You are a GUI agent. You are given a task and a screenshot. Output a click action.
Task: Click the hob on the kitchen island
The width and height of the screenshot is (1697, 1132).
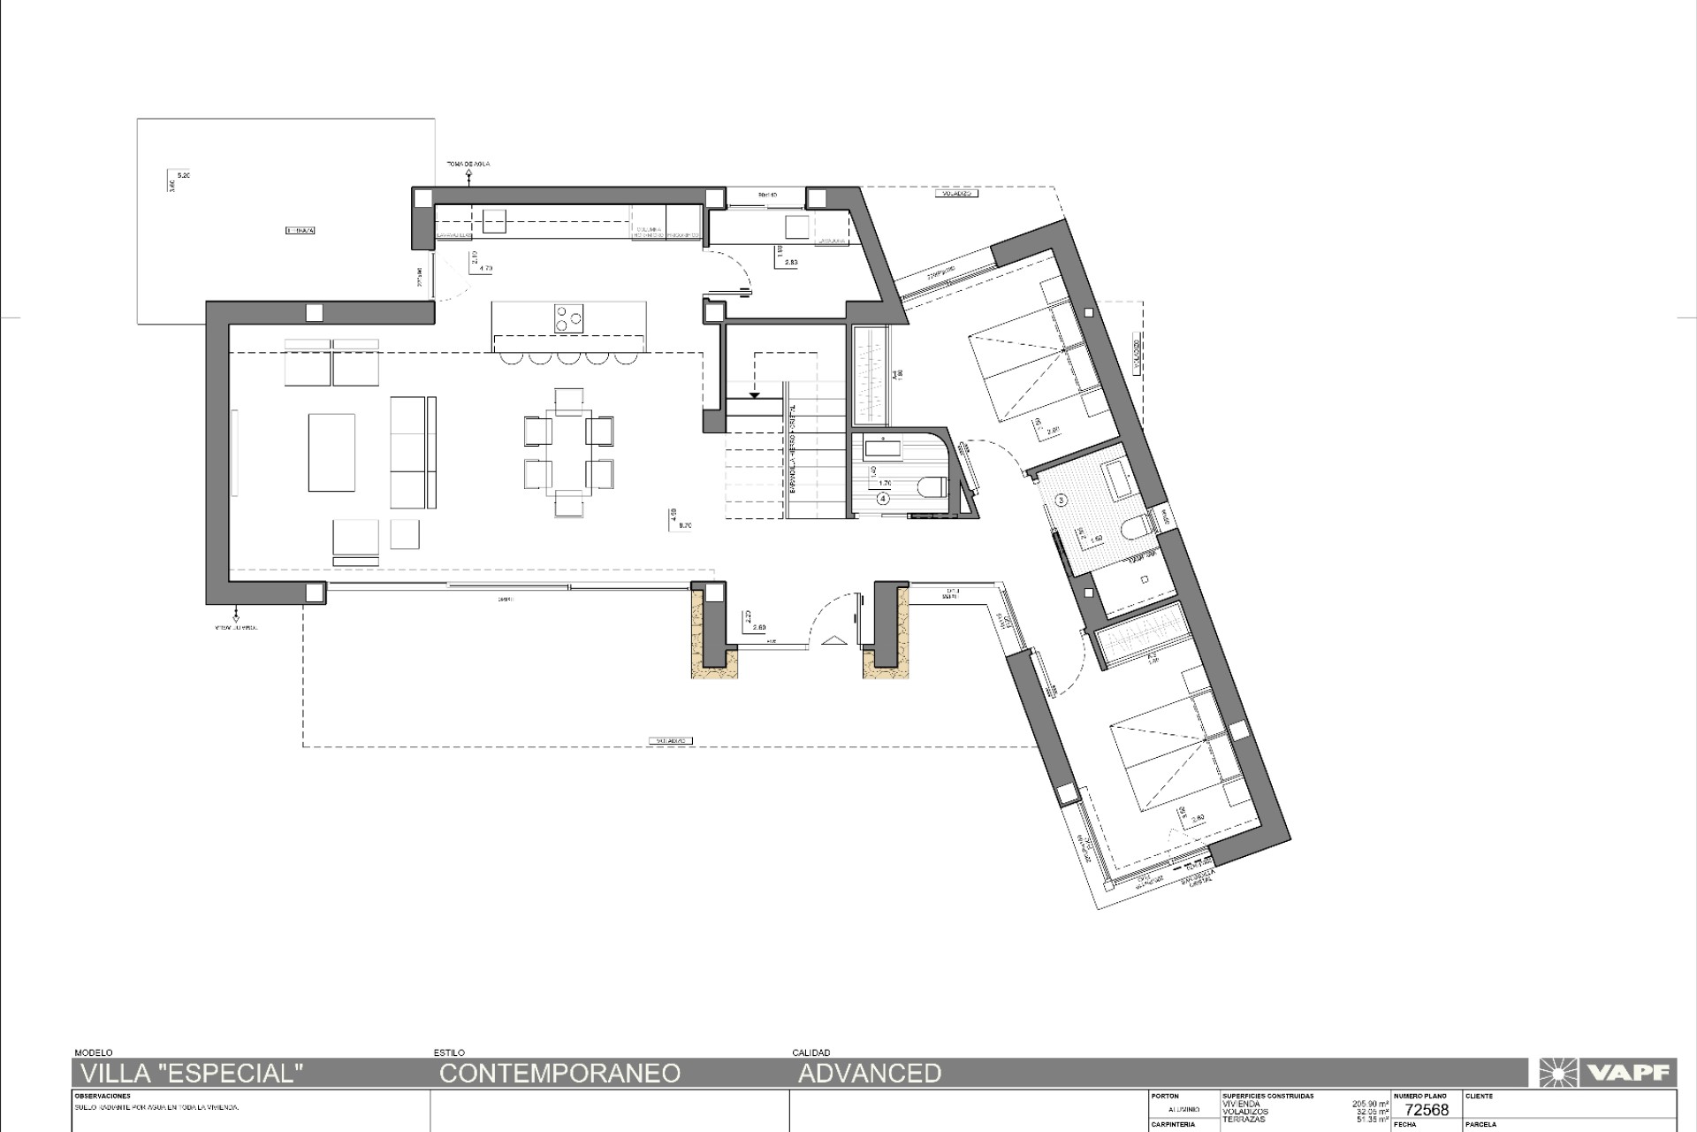pos(568,318)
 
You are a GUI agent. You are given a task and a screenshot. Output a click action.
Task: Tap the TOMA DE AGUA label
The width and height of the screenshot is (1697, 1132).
pos(468,164)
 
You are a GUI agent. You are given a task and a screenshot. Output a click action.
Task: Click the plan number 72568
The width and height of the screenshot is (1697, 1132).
pos(1427,1110)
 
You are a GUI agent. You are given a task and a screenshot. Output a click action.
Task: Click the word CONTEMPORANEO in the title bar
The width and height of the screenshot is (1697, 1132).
pos(559,1074)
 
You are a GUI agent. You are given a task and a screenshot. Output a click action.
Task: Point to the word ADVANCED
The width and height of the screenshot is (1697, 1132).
pos(870,1074)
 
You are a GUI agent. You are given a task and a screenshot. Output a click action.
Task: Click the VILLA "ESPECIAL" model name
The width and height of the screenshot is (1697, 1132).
pos(192,1074)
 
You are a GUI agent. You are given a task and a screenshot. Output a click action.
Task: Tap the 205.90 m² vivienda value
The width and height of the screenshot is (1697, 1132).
pos(1370,1104)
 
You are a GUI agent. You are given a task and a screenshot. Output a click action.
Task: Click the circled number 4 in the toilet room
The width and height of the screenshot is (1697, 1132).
pos(883,499)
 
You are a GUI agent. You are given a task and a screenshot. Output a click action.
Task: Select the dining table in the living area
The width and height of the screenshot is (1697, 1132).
pos(568,451)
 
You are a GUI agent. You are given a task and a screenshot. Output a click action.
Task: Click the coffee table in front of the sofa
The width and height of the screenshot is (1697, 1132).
pos(331,452)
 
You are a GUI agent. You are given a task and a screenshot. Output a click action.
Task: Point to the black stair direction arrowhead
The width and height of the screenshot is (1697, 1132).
pos(755,394)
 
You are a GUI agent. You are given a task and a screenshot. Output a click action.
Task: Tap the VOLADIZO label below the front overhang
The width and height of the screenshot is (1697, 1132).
pos(670,740)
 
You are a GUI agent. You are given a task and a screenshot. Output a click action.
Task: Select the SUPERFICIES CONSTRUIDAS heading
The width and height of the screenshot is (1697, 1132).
pos(1267,1096)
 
